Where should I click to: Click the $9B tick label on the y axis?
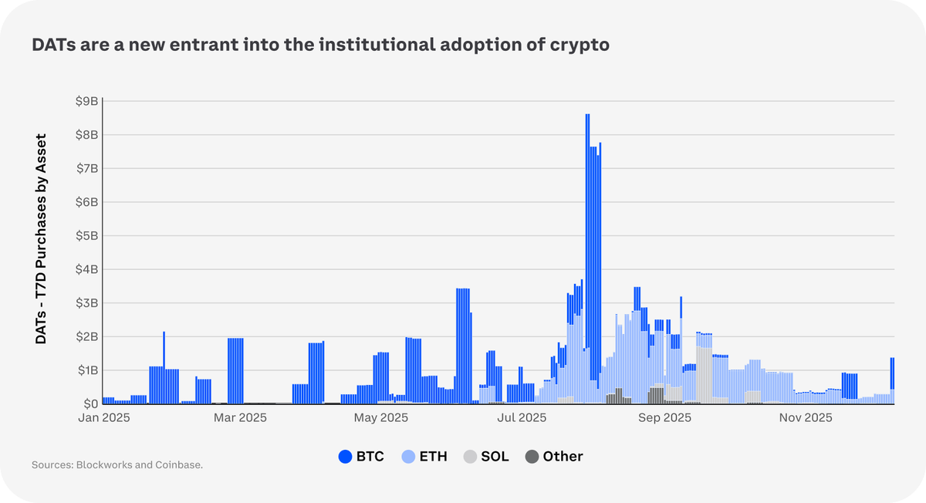pos(86,101)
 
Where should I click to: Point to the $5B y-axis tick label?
pos(86,235)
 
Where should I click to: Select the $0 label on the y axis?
pos(90,403)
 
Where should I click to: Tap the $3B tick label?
pos(86,302)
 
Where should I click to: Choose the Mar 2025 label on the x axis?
pos(240,418)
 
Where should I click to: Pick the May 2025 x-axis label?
pos(380,418)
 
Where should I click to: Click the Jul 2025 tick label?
pos(522,418)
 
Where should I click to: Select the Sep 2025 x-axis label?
pos(664,418)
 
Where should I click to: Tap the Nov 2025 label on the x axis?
pos(805,418)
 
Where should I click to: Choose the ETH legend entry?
pos(424,457)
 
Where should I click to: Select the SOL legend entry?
pos(486,457)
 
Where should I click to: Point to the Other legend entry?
pos(554,457)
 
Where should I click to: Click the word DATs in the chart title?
pos(52,46)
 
